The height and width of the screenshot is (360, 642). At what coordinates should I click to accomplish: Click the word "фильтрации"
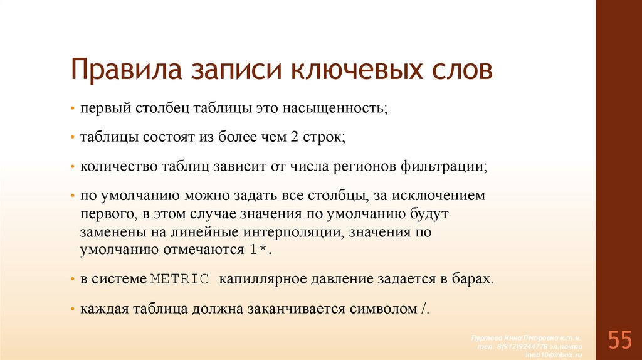click(x=446, y=166)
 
